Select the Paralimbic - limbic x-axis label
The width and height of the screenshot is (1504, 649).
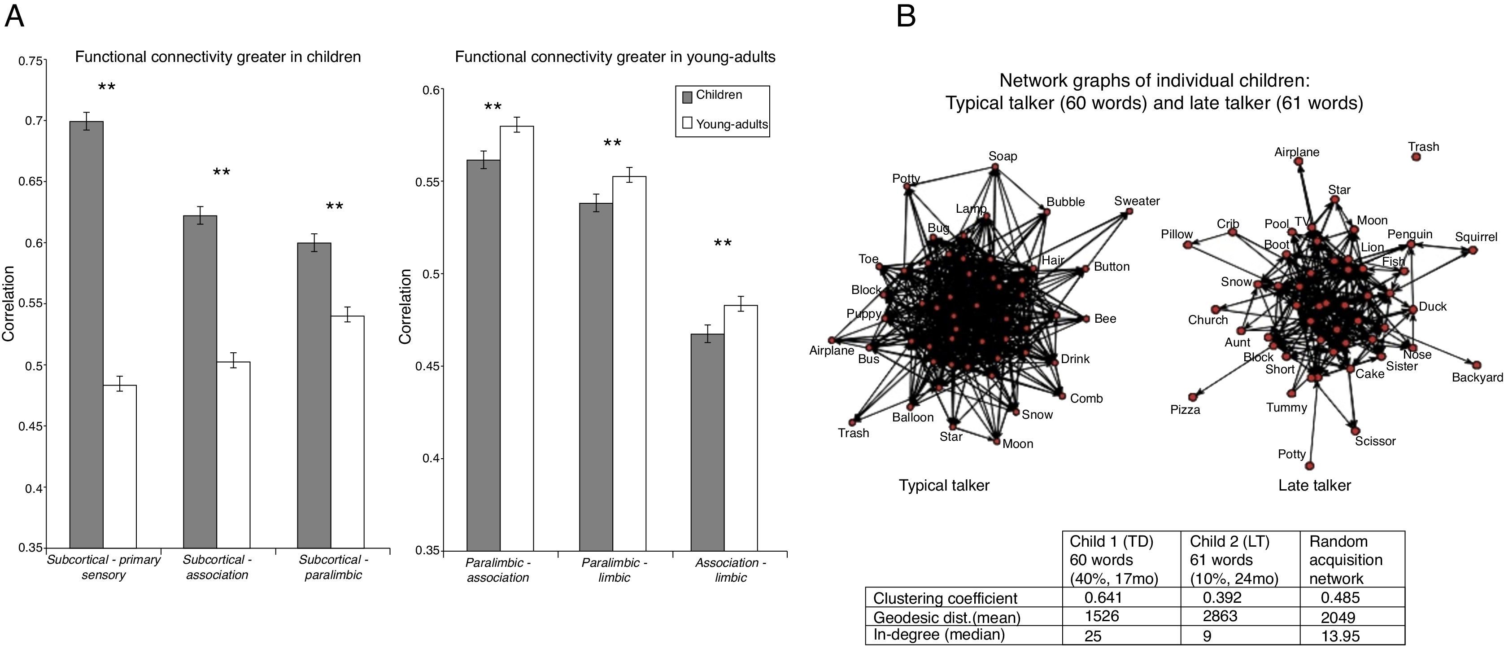click(x=614, y=570)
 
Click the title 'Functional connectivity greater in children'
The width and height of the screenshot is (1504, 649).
click(x=218, y=57)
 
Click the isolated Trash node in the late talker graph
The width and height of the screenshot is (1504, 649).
click(x=1415, y=157)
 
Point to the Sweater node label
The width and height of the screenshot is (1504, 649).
click(x=1136, y=201)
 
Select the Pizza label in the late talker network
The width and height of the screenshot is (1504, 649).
click(x=1185, y=409)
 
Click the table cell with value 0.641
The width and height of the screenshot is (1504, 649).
click(x=1103, y=597)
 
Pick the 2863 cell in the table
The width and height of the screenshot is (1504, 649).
click(x=1220, y=616)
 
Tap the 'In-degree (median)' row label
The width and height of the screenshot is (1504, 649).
click(x=939, y=634)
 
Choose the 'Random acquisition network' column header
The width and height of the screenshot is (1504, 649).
click(x=1345, y=559)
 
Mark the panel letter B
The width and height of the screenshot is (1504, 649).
click(x=906, y=16)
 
